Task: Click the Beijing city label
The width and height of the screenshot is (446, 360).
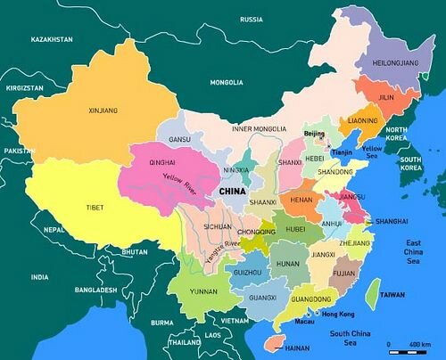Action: pos(315,134)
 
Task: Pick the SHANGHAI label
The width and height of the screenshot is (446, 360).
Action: pos(392,220)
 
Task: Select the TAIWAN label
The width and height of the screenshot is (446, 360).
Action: pos(392,293)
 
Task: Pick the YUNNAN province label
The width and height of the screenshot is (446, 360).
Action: pos(202,291)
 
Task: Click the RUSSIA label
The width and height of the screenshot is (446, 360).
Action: pos(252,19)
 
